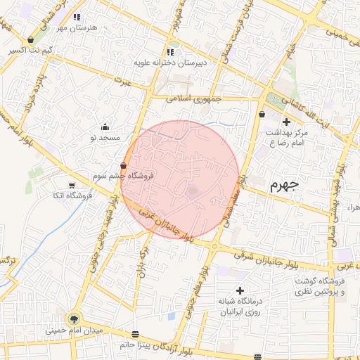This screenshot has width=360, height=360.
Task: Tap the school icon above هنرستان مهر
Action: [77, 16]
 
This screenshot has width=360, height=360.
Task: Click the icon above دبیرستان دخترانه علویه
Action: [171, 52]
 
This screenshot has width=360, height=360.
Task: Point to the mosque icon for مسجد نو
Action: [105, 127]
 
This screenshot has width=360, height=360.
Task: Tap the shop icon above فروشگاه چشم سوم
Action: [124, 166]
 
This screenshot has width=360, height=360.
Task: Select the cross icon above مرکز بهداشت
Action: [285, 122]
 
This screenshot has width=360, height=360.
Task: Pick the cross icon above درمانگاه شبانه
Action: [240, 290]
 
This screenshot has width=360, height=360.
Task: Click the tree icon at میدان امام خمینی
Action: [75, 320]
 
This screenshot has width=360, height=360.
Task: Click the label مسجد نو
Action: [105, 138]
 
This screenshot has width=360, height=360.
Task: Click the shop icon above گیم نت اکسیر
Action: [31, 40]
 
